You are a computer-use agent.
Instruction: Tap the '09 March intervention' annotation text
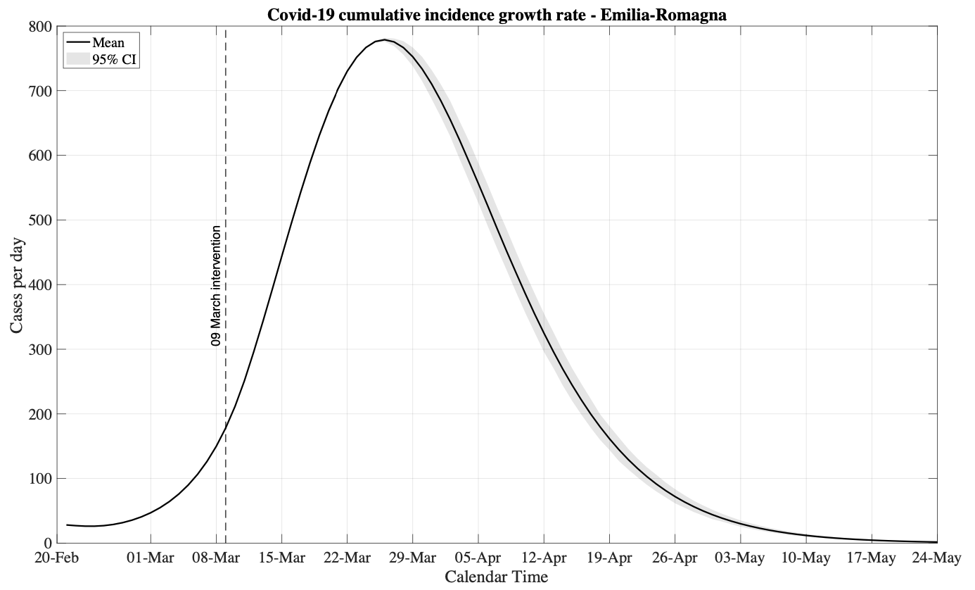(x=217, y=285)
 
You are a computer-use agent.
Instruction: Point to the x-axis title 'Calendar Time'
(x=496, y=577)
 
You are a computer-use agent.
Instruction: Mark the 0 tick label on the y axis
(x=48, y=544)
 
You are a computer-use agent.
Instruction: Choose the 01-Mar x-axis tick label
(x=151, y=558)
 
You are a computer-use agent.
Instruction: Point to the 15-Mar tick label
(x=281, y=558)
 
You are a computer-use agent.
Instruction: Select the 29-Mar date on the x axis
(x=412, y=558)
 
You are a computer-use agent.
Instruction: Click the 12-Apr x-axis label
(x=544, y=558)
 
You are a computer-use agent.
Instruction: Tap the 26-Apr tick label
(x=675, y=558)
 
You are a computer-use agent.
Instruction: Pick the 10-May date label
(x=805, y=558)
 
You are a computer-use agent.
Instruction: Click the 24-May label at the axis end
(x=937, y=558)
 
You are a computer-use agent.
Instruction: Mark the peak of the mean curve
(x=385, y=39)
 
